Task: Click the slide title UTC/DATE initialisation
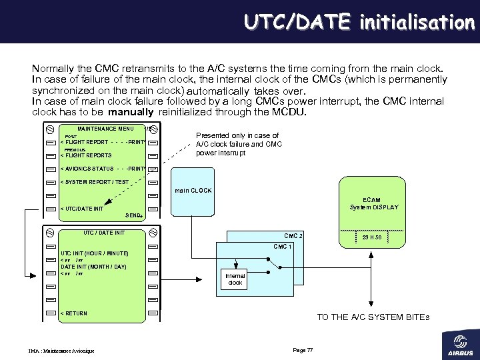359,22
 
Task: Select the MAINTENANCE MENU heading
105,129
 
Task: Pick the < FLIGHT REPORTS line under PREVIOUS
86,155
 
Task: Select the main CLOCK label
193,191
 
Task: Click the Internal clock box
235,279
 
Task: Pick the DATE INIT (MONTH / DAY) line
93,267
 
